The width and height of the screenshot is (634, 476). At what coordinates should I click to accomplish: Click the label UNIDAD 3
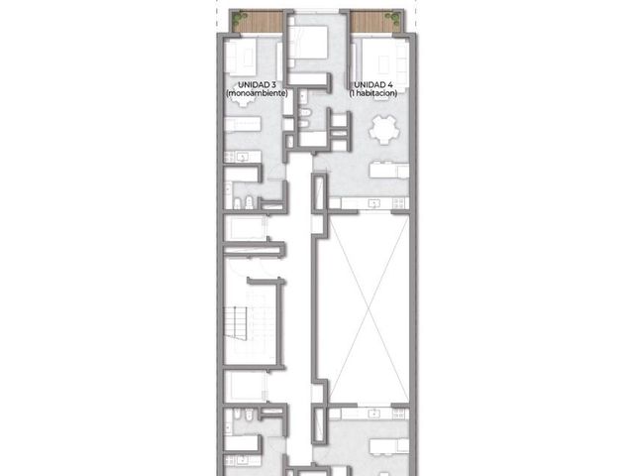pos(257,85)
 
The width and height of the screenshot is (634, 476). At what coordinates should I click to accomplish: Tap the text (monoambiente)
pos(257,93)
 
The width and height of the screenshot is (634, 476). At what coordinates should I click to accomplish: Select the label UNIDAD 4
pos(373,85)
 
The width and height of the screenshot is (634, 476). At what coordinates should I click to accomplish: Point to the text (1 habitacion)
pos(373,93)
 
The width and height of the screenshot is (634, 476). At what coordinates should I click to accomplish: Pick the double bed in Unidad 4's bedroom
pos(308,42)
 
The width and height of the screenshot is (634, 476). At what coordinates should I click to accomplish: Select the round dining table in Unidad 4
pos(383,130)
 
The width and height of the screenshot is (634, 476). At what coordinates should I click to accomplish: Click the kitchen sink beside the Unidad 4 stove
pos(374,202)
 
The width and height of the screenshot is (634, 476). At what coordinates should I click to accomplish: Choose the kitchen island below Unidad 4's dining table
pos(389,170)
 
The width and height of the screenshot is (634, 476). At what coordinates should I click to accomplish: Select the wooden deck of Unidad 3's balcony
pos(258,22)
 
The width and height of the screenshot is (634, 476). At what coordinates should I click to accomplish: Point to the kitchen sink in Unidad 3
pos(243,157)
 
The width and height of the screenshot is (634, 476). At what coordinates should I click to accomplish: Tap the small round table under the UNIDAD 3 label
pos(243,100)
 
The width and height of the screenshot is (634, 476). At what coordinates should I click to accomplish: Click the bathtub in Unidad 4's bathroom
pos(313,139)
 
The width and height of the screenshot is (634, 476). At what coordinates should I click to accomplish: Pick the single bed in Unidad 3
pos(243,124)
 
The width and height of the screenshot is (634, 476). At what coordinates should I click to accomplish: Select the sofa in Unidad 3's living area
pos(240,57)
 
